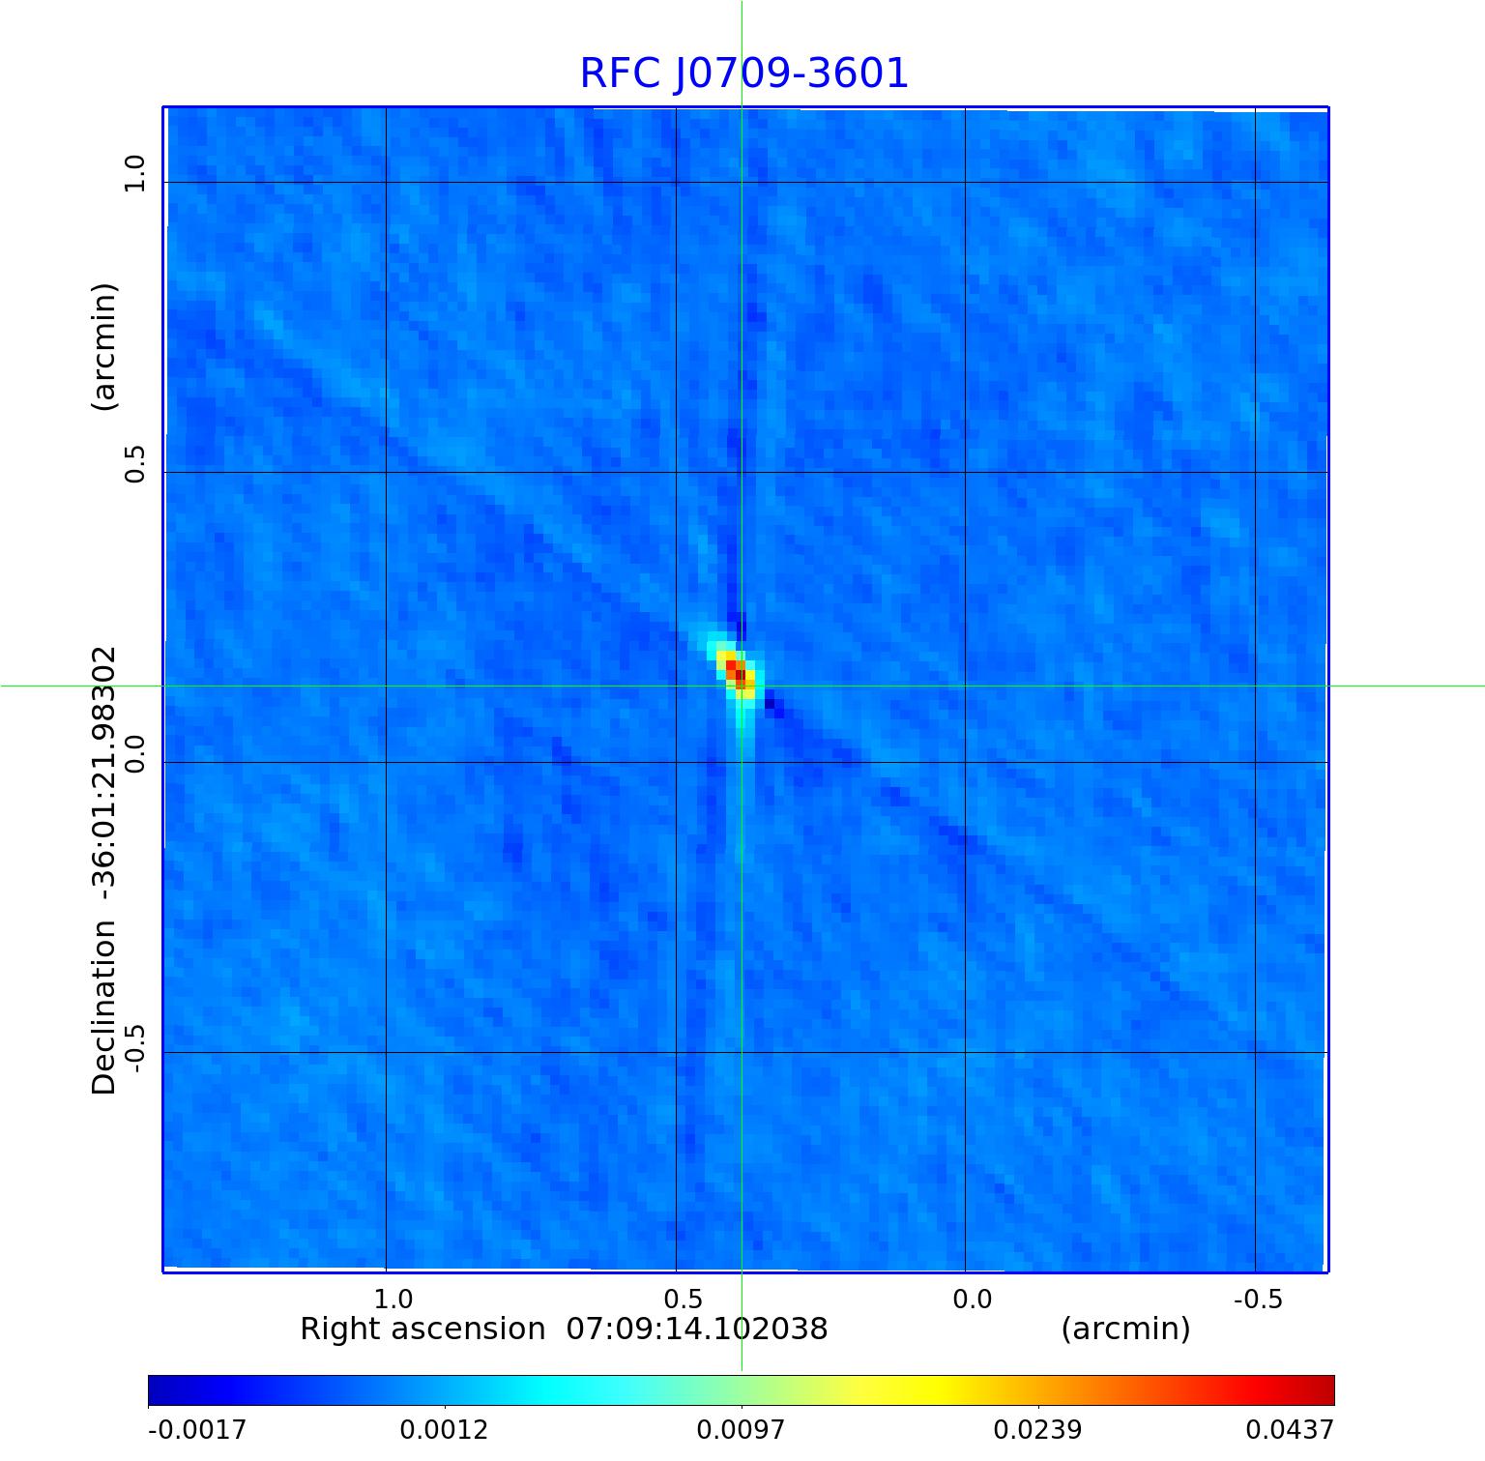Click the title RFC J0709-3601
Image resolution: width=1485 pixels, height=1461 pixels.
[743, 73]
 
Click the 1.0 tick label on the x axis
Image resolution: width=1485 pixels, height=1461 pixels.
[393, 1298]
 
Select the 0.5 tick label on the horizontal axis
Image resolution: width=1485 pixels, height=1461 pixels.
[683, 1298]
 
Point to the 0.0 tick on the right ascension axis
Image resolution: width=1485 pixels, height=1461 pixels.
[973, 1298]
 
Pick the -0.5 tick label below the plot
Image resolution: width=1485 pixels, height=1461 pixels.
[1258, 1298]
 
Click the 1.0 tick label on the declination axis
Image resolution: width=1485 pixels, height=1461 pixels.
[133, 175]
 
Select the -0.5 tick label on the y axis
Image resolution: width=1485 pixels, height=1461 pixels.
[133, 1048]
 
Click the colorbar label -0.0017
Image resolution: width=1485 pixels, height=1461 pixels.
[197, 1429]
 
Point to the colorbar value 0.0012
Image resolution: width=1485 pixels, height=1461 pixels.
[446, 1429]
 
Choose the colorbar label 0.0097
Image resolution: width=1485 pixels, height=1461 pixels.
[742, 1429]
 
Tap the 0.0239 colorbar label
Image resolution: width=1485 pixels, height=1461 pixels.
[1038, 1429]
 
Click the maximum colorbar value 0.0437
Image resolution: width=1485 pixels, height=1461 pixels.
[1289, 1429]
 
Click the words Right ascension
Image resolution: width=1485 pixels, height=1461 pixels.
[422, 1329]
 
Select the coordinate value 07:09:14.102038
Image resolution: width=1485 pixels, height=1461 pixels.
[696, 1329]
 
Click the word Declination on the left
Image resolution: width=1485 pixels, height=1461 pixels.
[103, 1008]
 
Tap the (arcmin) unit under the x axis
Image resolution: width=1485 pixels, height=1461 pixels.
[1125, 1329]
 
